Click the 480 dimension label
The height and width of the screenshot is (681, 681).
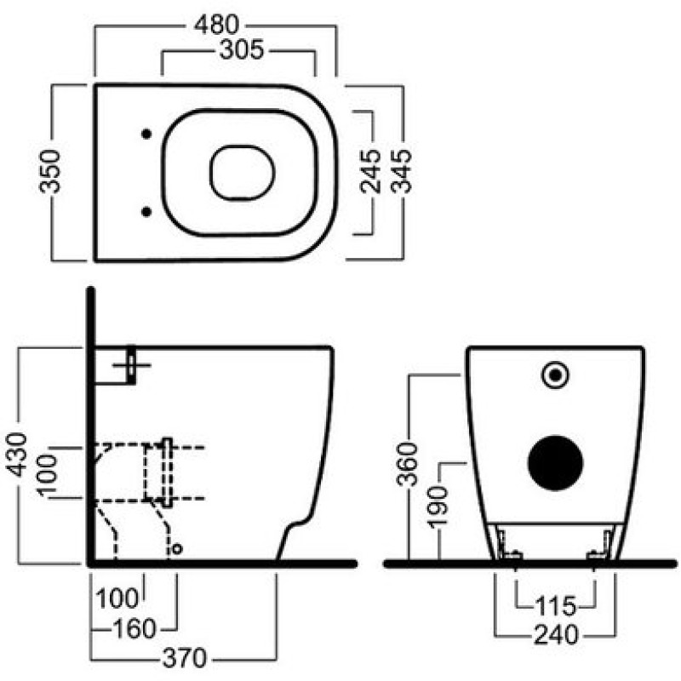[216, 25]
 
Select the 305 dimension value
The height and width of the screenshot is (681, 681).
[242, 49]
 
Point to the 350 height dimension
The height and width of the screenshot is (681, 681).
[50, 171]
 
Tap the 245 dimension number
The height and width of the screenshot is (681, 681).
[370, 171]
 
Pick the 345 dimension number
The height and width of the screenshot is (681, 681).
[400, 171]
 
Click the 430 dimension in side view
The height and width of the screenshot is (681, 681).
[17, 455]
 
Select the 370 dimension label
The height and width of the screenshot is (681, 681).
[185, 658]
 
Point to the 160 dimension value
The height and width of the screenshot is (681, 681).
[134, 628]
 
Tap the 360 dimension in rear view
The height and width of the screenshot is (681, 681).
[408, 464]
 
